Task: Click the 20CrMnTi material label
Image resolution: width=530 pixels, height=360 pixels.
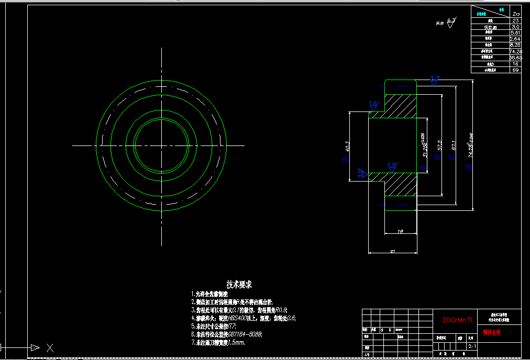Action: coord(458,320)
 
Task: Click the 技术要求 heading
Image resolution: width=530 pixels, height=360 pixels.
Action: coord(239,284)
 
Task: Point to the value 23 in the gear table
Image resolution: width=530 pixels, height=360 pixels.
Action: coord(515,20)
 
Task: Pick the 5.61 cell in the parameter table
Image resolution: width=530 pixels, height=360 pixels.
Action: coord(515,32)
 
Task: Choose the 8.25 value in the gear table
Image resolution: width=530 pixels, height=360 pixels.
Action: coord(515,45)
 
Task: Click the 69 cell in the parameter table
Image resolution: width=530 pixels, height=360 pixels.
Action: coord(515,70)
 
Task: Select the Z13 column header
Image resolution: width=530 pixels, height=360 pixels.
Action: coord(515,14)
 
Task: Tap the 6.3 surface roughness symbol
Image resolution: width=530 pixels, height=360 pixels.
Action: coord(450,21)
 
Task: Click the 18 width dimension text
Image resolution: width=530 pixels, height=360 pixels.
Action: coord(400,231)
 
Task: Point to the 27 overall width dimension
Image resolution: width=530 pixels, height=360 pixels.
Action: coord(393,251)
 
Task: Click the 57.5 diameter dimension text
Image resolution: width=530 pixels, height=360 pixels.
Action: coord(439,146)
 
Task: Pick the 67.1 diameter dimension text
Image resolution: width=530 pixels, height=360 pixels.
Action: coord(454,146)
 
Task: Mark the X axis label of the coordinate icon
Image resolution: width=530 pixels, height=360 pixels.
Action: coord(50,347)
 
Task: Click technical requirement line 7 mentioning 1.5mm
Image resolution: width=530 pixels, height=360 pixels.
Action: coord(218,343)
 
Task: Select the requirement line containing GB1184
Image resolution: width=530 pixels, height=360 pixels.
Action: coord(227,334)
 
